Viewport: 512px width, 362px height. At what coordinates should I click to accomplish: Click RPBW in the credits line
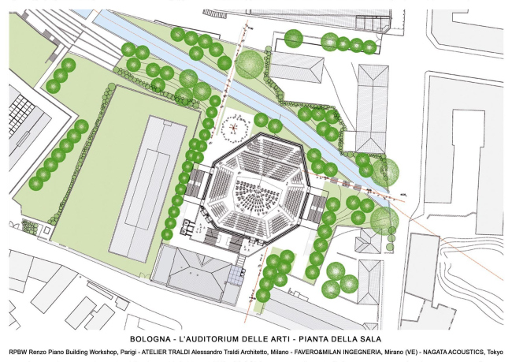coord(16,352)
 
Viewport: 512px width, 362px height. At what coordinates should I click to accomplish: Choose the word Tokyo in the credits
coord(496,352)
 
